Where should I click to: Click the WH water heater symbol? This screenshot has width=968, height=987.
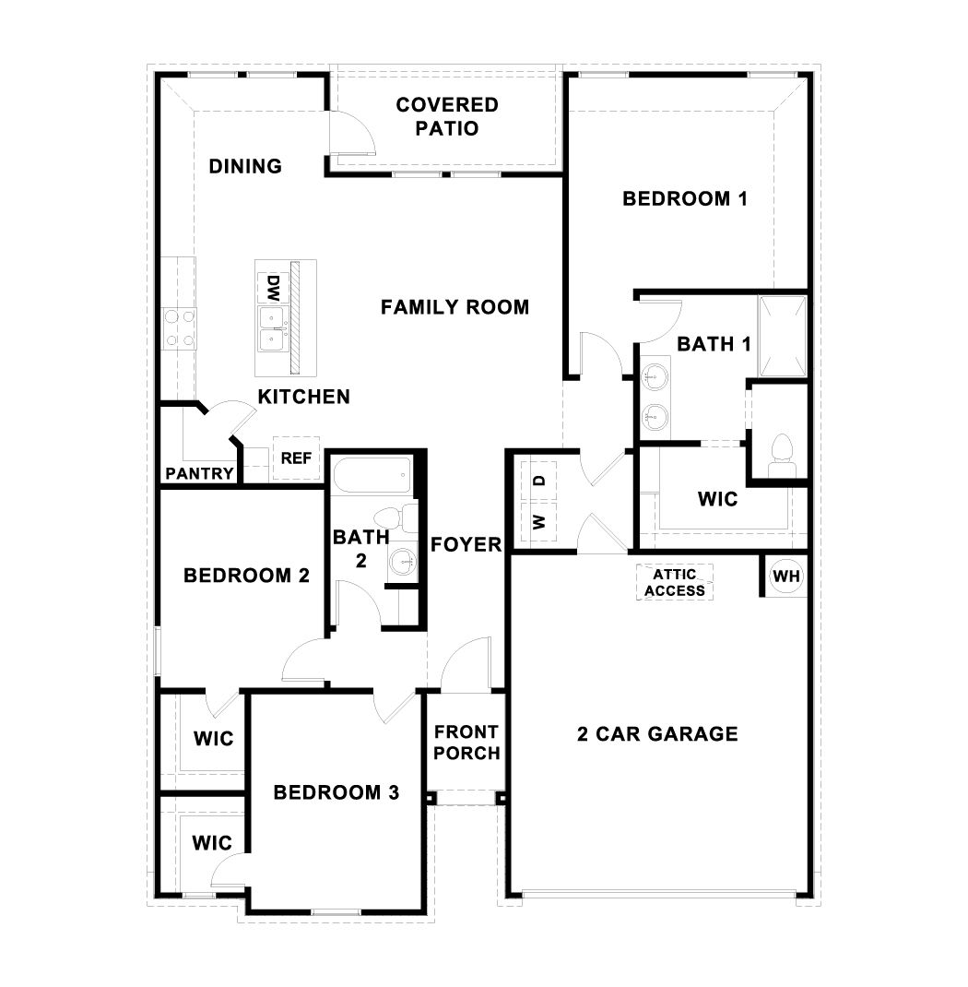[785, 577]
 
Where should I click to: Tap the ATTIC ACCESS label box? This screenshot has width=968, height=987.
[676, 582]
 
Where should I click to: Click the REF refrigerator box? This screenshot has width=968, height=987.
[295, 458]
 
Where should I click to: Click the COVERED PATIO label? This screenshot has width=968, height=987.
[447, 116]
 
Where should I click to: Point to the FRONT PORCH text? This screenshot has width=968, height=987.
[466, 743]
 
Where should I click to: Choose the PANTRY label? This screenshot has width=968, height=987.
[199, 473]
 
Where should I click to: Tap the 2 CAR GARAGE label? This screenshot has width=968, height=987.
[657, 734]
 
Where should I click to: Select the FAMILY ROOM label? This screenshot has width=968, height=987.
[455, 307]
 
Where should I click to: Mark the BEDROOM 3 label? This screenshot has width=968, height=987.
[336, 792]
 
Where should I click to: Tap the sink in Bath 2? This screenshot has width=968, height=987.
[401, 559]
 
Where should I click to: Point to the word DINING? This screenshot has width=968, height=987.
[245, 166]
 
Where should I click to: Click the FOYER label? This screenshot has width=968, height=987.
[466, 544]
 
